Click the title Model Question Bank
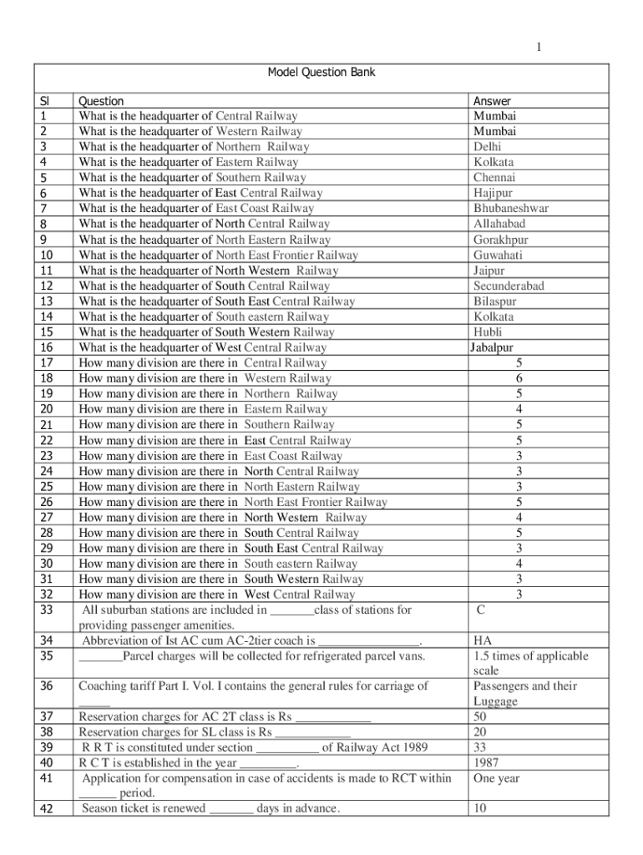pyautogui.click(x=321, y=73)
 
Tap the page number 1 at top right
pyautogui.click(x=539, y=48)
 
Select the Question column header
pyautogui.click(x=101, y=101)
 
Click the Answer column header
pyautogui.click(x=492, y=101)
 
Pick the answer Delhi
pyautogui.click(x=487, y=147)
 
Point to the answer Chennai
pyautogui.click(x=494, y=178)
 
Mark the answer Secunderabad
pyautogui.click(x=509, y=286)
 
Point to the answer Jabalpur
pyautogui.click(x=491, y=347)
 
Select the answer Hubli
pyautogui.click(x=488, y=331)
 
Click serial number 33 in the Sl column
pyautogui.click(x=47, y=610)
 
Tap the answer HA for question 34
pyautogui.click(x=482, y=641)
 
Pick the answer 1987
pyautogui.click(x=486, y=762)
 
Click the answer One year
pyautogui.click(x=497, y=778)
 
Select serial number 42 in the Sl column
pyautogui.click(x=47, y=809)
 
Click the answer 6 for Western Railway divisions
pyautogui.click(x=519, y=378)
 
